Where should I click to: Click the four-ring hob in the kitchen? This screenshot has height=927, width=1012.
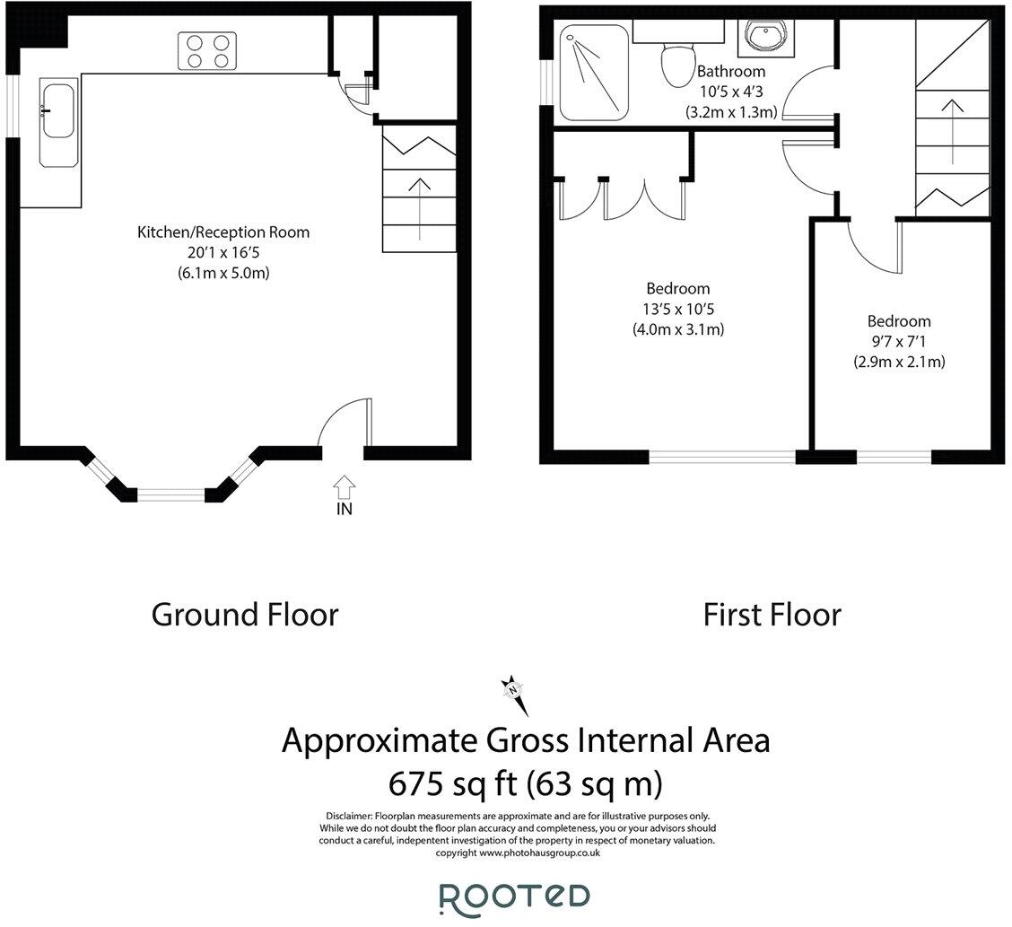tap(207, 50)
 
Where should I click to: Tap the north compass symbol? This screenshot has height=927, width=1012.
tap(514, 691)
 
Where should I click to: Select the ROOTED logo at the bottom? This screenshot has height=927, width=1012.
tap(514, 896)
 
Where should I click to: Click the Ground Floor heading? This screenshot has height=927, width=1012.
tap(245, 615)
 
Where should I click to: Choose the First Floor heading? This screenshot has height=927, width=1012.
tap(772, 615)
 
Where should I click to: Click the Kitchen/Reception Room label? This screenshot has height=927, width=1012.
tap(223, 232)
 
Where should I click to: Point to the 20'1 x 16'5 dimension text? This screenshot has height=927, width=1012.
tap(223, 253)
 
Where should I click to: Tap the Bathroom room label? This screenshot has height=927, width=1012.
tap(731, 71)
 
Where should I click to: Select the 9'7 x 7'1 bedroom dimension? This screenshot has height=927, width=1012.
tap(898, 342)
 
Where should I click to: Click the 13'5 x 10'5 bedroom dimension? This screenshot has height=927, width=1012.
tap(677, 309)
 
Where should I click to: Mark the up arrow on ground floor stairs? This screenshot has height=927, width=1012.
tap(418, 206)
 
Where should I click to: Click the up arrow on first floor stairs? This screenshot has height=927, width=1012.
tap(953, 125)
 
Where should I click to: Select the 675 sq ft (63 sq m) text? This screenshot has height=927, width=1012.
tap(525, 784)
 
